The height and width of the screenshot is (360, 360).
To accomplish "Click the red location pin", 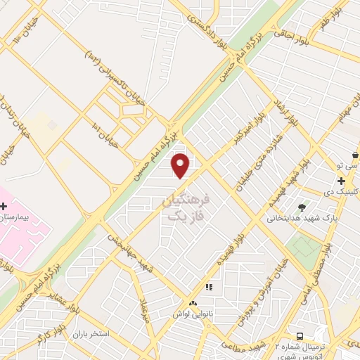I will click(x=181, y=165).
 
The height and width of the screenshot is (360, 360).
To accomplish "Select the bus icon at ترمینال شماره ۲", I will click(x=300, y=337).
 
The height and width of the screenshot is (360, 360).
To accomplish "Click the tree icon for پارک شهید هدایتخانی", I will click(x=302, y=207).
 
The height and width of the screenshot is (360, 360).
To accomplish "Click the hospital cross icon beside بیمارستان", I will click(x=4, y=206).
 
